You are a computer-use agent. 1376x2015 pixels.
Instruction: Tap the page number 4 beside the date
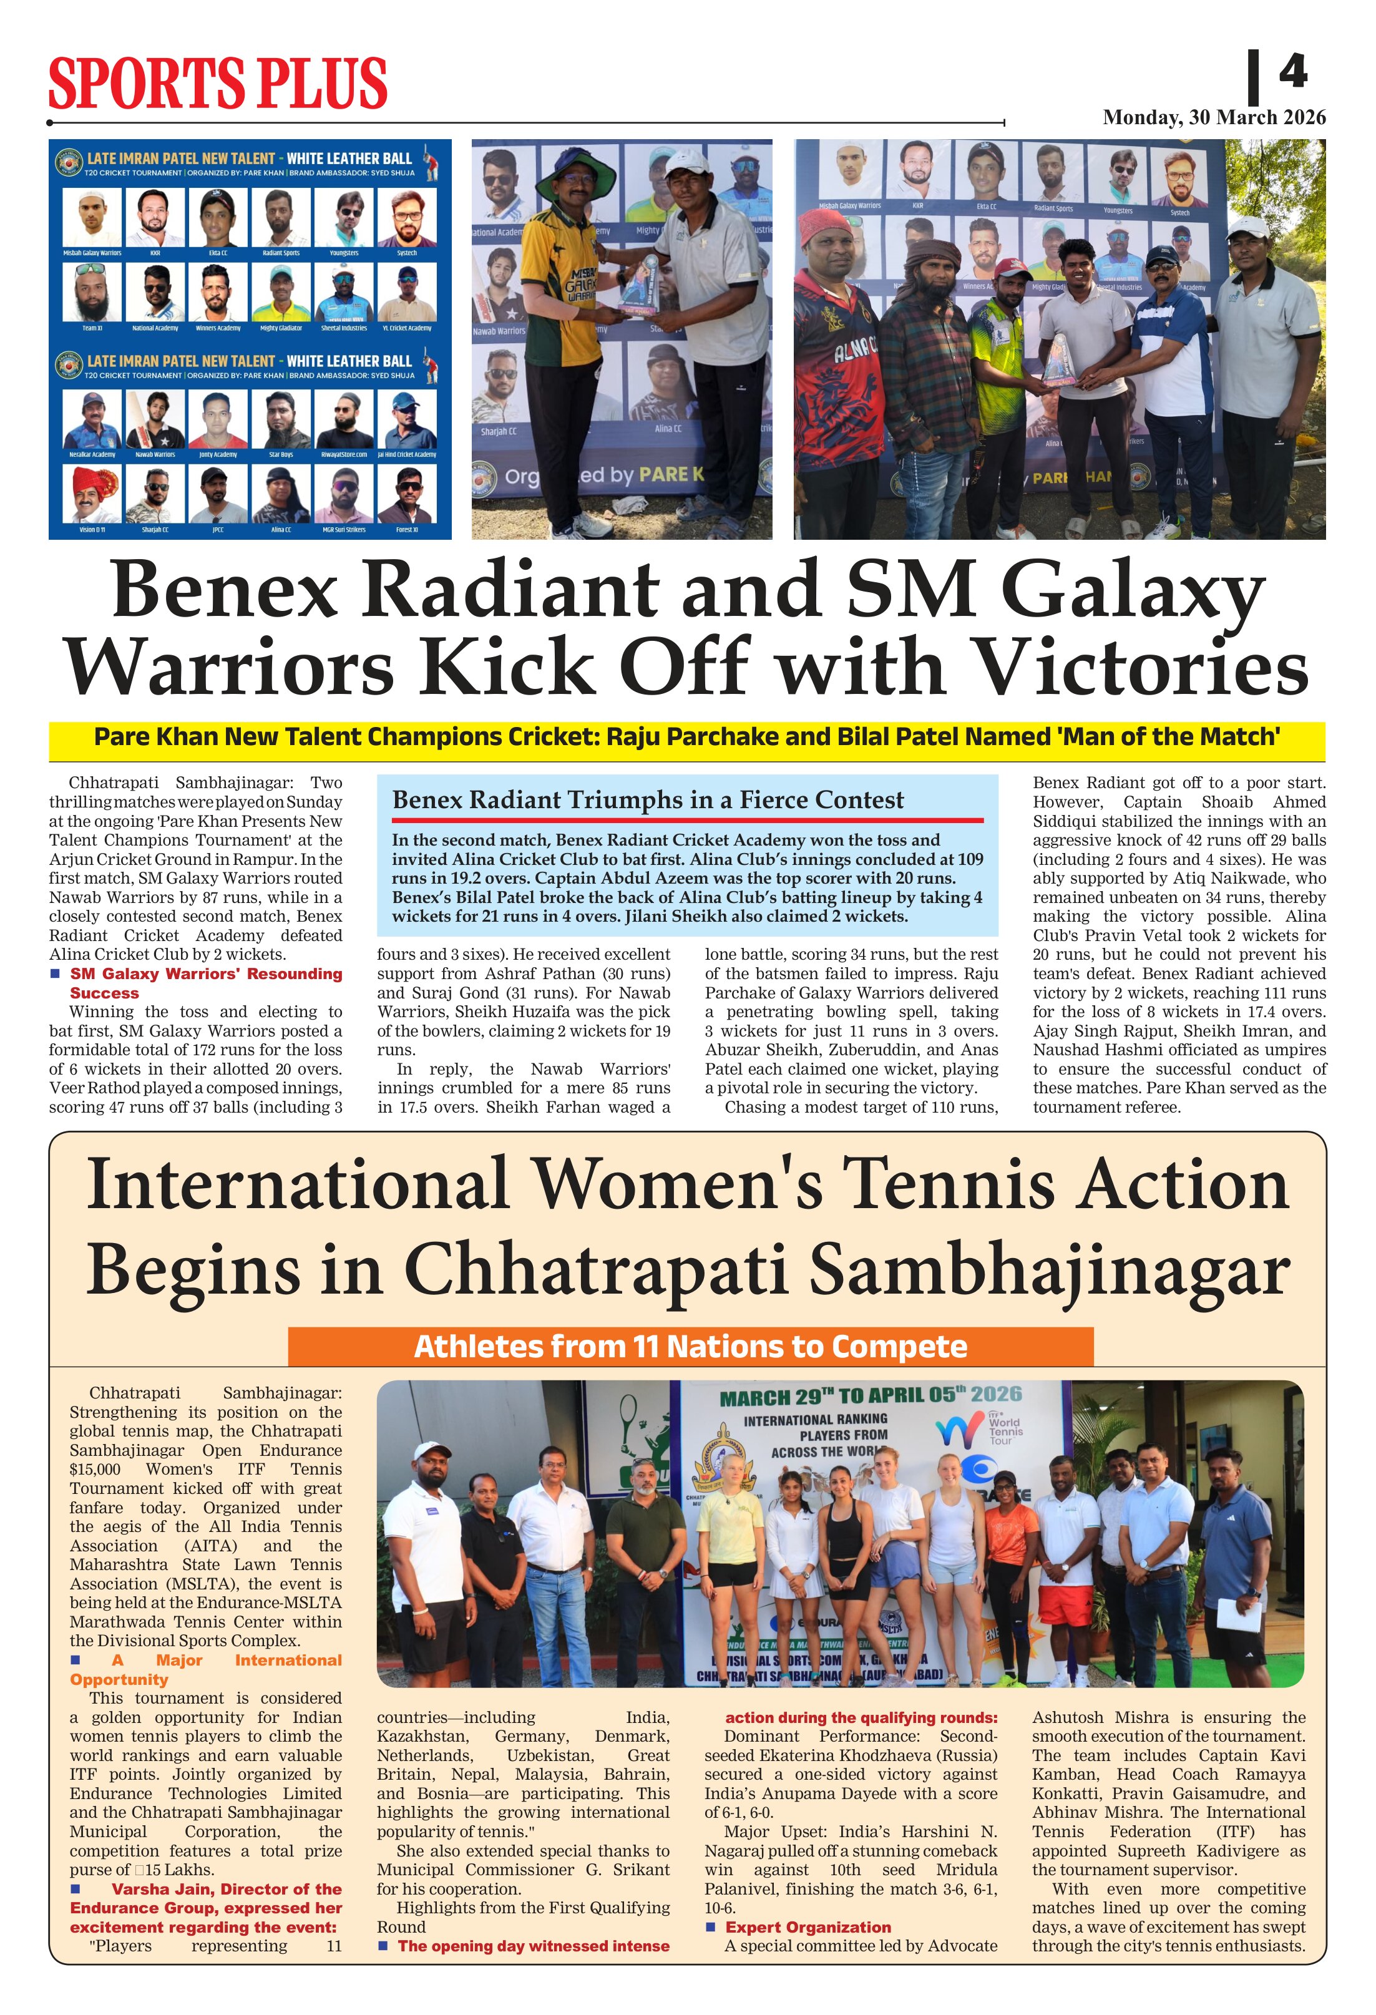(1292, 71)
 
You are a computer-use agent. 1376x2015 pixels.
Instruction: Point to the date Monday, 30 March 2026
(1214, 117)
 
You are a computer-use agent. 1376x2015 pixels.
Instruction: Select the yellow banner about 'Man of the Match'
(686, 737)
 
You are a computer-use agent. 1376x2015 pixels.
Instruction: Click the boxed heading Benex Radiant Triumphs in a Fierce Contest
(648, 799)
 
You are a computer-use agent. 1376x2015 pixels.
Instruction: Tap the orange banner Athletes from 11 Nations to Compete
(690, 1347)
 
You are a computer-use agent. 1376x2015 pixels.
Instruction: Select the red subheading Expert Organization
(808, 1926)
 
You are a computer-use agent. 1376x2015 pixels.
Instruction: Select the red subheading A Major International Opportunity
(205, 1669)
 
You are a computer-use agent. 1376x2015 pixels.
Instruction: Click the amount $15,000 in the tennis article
(95, 1470)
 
